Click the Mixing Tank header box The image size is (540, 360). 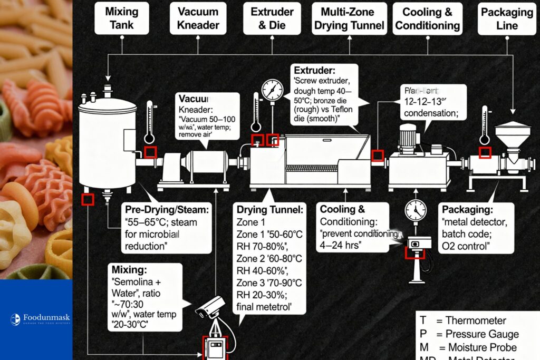click(x=121, y=18)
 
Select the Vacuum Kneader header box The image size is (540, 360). click(x=198, y=18)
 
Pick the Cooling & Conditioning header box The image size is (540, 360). click(x=428, y=18)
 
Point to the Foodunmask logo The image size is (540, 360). click(x=40, y=319)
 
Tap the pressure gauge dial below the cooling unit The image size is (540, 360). click(x=416, y=211)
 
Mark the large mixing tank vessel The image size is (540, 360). click(x=108, y=145)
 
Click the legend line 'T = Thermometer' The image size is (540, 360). click(x=462, y=320)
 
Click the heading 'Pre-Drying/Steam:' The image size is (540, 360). click(x=167, y=210)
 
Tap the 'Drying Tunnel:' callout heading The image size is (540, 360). click(x=270, y=210)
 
